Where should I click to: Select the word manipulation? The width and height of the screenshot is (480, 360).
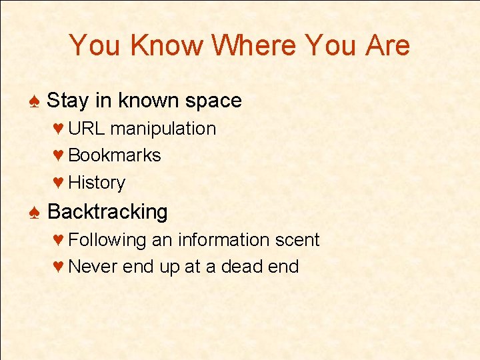163,129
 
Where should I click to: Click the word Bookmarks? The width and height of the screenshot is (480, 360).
115,155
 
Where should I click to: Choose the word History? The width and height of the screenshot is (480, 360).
97,183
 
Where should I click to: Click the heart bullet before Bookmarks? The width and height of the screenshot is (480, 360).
58,156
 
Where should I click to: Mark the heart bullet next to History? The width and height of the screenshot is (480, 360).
58,183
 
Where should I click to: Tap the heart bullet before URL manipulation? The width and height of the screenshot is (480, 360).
58,129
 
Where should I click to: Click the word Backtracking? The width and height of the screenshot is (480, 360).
107,212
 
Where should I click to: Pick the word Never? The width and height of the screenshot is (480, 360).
89,267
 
